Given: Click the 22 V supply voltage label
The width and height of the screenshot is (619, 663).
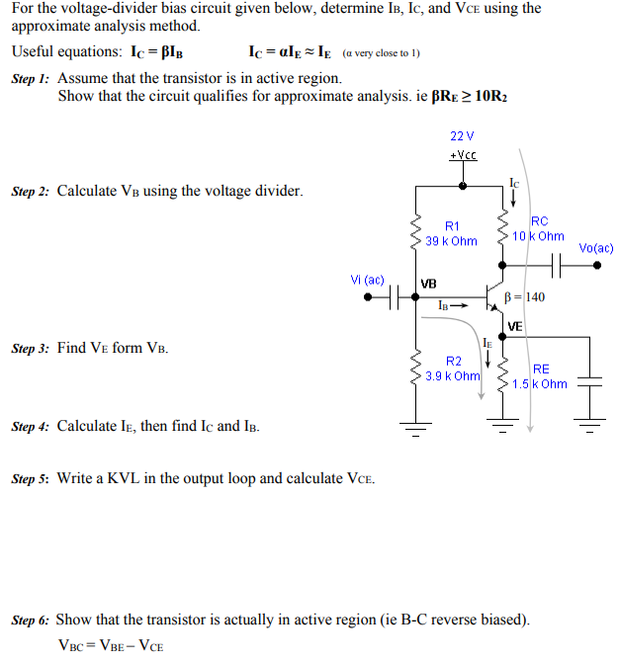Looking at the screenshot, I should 462,135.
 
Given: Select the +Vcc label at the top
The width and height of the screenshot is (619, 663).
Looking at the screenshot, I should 463,156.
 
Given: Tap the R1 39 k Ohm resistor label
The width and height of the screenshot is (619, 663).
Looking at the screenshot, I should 451,234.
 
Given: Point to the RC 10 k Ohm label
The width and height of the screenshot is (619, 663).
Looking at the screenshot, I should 539,229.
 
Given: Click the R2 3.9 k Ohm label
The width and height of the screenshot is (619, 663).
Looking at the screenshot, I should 453,369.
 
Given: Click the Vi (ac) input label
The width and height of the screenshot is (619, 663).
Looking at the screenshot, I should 367,280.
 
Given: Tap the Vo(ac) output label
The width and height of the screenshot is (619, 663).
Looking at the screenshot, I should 595,248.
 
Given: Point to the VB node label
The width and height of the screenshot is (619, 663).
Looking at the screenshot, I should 428,284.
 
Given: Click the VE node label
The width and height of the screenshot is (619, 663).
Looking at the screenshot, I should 515,327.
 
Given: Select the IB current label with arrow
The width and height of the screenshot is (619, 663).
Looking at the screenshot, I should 451,306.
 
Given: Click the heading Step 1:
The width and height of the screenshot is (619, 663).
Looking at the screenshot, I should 31,78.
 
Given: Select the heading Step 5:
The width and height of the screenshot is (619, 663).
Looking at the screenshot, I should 31,479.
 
